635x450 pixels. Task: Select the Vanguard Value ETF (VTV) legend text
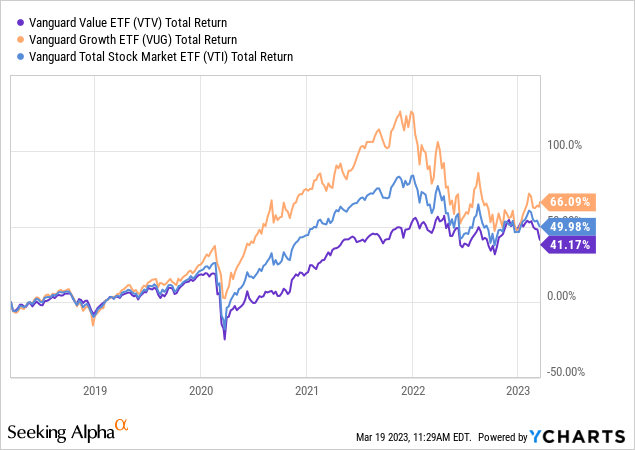[x=128, y=21]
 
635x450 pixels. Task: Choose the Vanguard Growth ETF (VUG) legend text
[x=132, y=39]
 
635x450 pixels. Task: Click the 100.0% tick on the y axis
[x=562, y=145]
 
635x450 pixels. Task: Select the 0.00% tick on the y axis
[x=564, y=296]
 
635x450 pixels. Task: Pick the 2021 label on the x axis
[x=307, y=389]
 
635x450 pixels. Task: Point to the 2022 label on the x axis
[x=413, y=389]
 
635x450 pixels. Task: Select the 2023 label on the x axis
[x=518, y=389]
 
